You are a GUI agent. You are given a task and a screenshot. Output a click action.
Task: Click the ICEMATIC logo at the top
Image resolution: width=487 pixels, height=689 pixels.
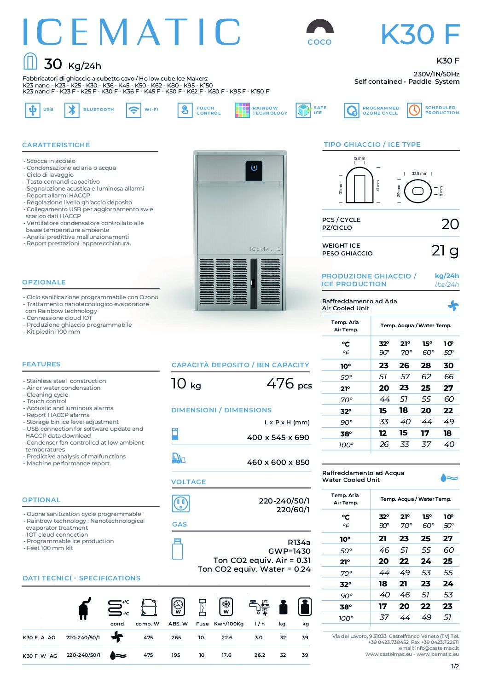coord(132,32)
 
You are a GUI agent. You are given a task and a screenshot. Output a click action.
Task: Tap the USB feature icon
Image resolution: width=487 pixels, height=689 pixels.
coord(32,110)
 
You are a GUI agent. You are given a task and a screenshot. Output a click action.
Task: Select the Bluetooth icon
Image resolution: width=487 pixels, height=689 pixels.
coord(72,110)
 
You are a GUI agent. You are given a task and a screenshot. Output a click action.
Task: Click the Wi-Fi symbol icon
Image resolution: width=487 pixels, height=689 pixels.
coord(133,110)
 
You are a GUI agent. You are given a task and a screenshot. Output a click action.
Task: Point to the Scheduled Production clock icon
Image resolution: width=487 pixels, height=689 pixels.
coord(414,110)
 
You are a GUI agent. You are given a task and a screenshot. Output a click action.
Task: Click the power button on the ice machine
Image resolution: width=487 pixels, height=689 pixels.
coord(254,168)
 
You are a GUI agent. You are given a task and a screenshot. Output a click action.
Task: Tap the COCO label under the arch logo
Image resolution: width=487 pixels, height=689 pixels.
coord(319,42)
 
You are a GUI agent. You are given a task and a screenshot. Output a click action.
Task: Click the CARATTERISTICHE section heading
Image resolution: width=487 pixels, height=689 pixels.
coord(56,145)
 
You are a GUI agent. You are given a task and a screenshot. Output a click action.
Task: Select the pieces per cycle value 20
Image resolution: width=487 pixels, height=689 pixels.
coord(450,224)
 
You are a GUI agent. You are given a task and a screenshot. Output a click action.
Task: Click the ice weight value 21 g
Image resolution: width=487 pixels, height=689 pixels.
coord(445,250)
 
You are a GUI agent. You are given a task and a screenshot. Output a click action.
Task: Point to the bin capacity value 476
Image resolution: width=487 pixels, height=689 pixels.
coord(280,383)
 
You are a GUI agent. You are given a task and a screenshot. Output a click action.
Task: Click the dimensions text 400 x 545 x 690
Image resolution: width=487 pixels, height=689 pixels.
coord(278,438)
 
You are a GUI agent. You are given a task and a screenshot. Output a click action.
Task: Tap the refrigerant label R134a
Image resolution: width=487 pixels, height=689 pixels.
coord(299,542)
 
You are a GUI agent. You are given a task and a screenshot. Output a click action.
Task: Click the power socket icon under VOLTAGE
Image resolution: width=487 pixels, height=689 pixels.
coord(180,504)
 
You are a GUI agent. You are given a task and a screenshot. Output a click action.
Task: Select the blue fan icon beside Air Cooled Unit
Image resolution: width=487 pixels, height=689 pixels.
coord(453,306)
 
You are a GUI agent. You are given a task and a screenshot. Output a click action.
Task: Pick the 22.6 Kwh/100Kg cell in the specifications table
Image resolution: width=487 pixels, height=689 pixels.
coord(227,638)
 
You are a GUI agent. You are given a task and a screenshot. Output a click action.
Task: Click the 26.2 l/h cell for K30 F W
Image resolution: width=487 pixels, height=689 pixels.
coord(260,655)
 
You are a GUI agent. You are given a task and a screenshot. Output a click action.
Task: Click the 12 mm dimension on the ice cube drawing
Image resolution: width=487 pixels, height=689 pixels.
coord(359,159)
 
